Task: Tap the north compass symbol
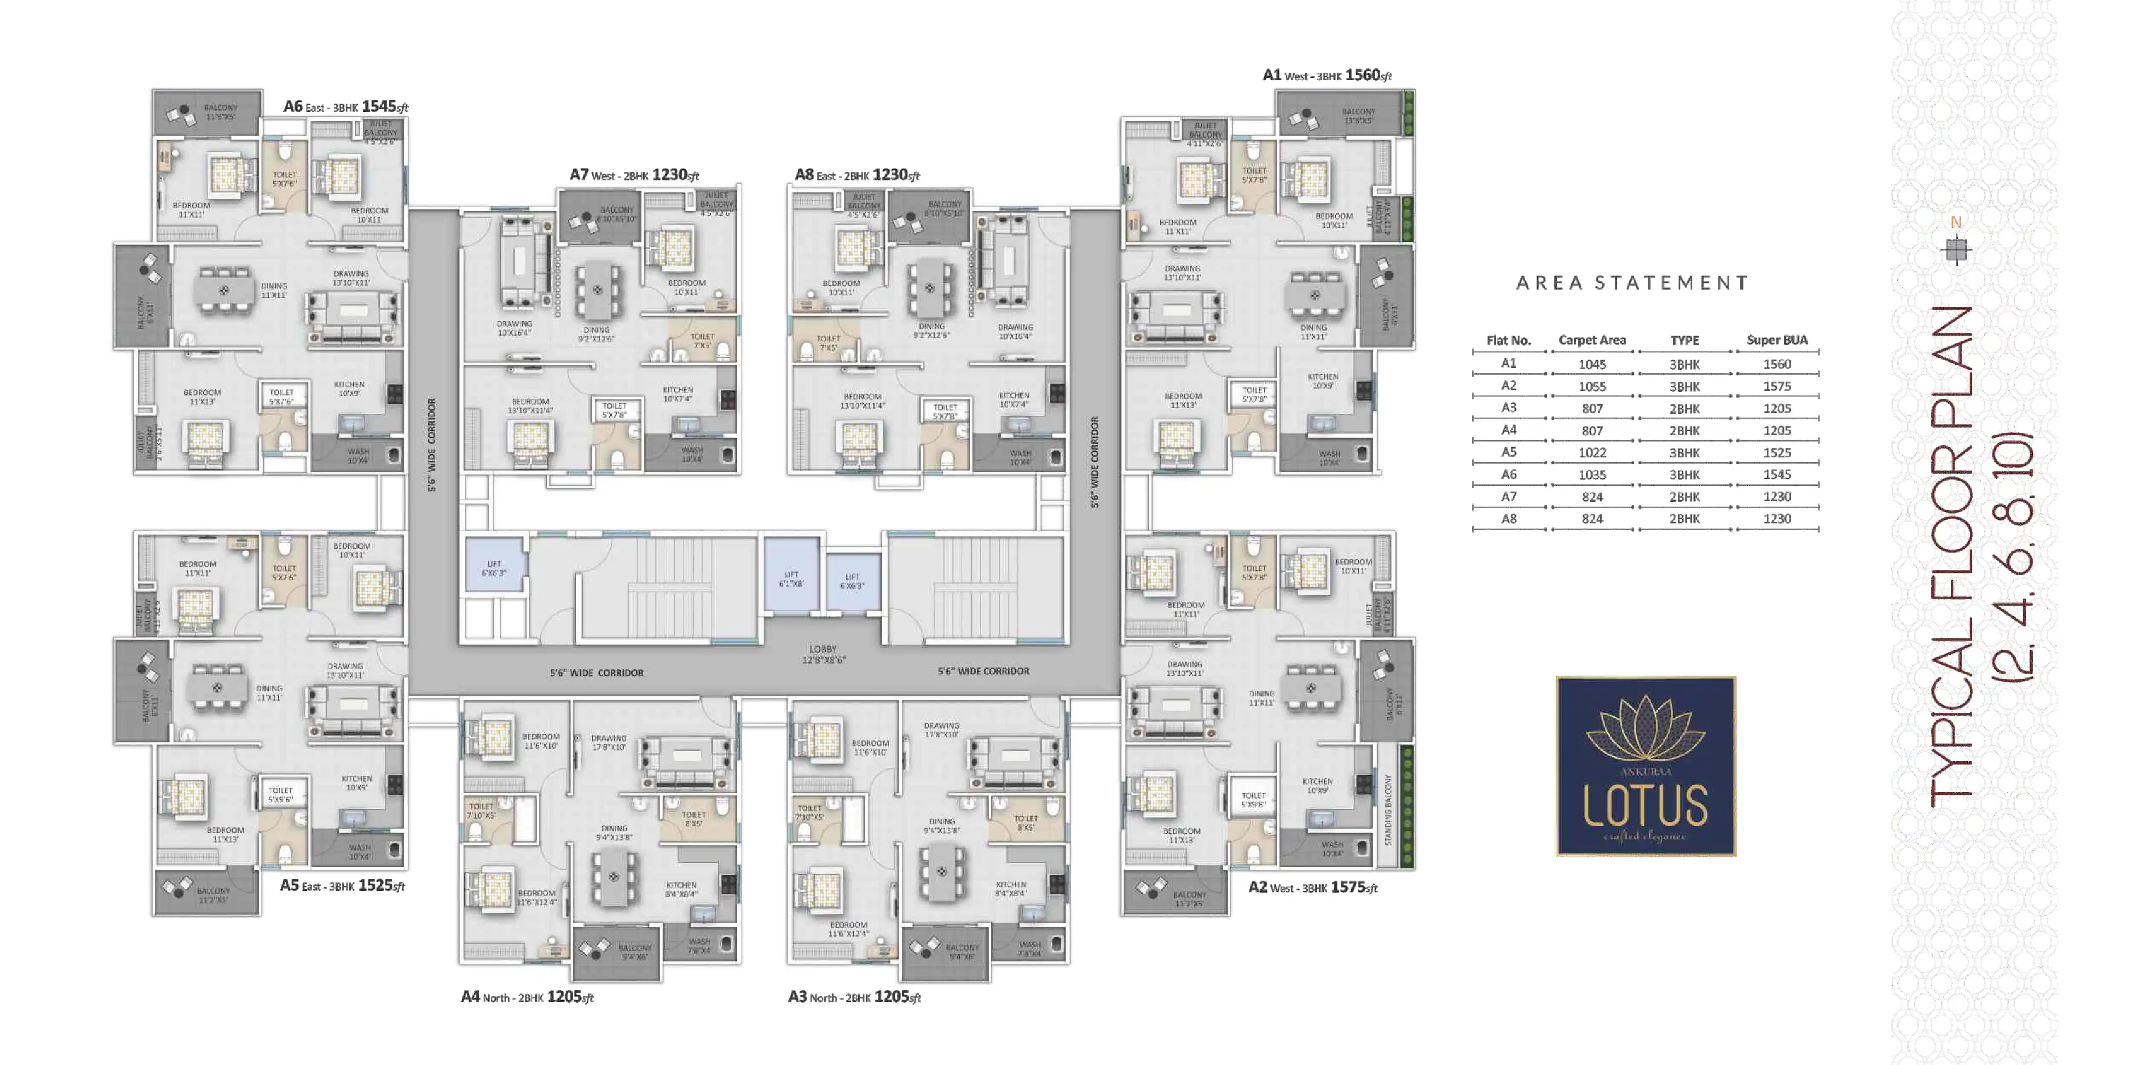point(1956,249)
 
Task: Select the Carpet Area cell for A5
point(1592,453)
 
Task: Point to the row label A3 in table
point(1508,408)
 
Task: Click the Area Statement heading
point(1632,283)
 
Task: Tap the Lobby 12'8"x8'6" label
point(823,654)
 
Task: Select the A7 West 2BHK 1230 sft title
point(634,175)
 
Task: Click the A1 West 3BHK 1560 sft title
point(1327,75)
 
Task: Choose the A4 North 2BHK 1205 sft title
point(527,997)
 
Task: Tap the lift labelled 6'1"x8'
point(791,579)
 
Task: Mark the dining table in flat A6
point(223,291)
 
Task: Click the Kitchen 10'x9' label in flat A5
point(356,783)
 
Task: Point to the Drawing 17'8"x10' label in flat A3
point(941,729)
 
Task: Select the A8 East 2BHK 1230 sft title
point(857,175)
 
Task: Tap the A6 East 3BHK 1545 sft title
point(346,106)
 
